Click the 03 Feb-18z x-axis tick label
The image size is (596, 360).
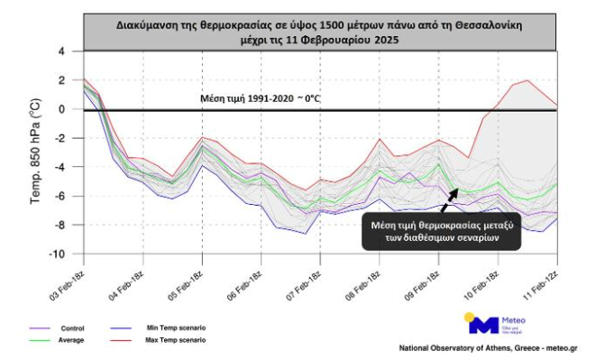pos(69,278)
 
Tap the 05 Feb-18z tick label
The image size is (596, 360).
pos(188,278)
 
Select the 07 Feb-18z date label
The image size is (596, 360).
pos(307,278)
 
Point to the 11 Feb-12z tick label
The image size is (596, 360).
pos(544,278)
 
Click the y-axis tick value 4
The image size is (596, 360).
pos(62,51)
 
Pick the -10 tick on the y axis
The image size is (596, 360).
pos(60,254)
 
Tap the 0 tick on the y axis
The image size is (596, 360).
pos(62,109)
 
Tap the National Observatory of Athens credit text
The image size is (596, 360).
pos(488,347)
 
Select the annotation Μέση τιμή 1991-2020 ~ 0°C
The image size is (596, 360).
pos(260,97)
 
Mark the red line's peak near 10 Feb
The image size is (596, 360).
pos(526,81)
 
